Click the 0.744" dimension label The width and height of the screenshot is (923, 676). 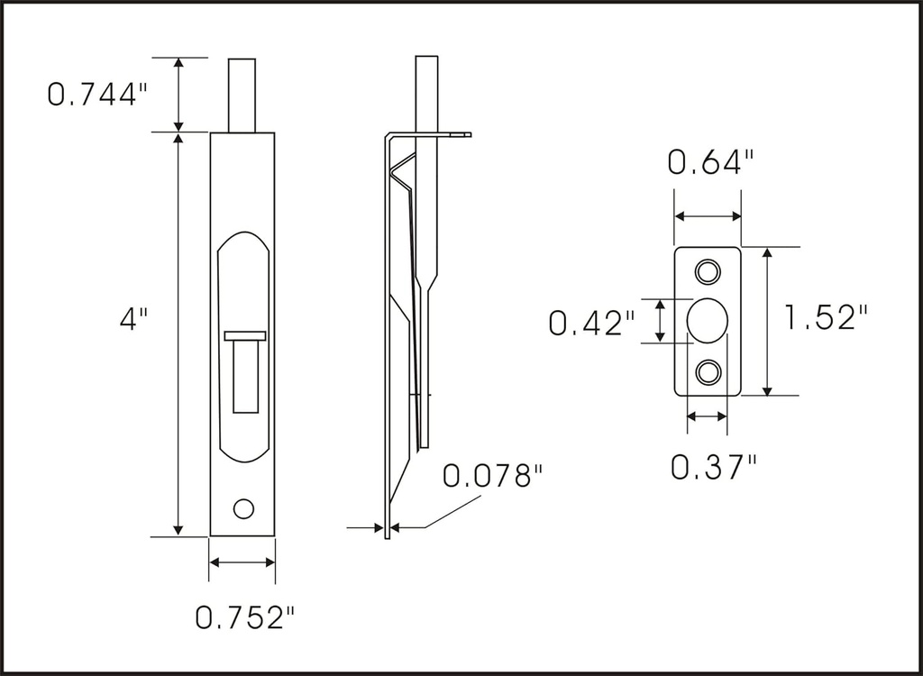tap(96, 94)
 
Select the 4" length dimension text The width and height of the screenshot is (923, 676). tap(133, 319)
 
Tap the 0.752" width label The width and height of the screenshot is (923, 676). tap(245, 618)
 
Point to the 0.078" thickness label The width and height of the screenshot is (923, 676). tap(493, 475)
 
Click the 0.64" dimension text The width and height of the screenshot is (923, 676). tap(709, 163)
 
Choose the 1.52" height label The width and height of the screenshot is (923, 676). tap(826, 317)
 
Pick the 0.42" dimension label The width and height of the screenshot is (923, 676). tap(591, 323)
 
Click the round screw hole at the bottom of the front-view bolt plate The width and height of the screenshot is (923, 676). tap(243, 507)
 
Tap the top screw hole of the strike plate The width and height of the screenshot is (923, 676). tap(708, 270)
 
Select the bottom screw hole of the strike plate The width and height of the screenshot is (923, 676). tap(708, 370)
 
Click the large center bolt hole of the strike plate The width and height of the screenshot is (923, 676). tap(708, 320)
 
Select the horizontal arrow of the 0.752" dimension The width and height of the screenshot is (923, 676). tap(242, 562)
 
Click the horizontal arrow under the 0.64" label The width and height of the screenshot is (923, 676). tap(708, 216)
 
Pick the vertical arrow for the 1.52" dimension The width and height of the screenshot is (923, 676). tap(767, 321)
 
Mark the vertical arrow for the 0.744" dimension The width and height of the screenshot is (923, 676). tap(178, 94)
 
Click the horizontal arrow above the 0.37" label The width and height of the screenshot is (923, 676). tap(707, 416)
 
